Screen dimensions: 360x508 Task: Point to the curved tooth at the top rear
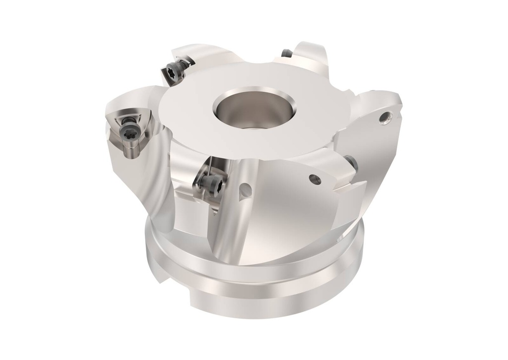click(308, 55)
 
